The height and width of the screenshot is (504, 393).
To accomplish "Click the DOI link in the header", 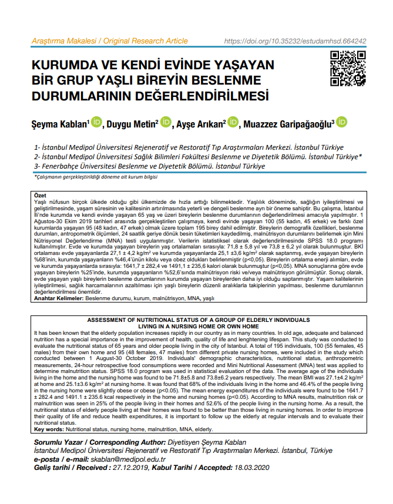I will coord(295,41).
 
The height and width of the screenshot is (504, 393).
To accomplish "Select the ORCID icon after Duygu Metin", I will coord(166,123).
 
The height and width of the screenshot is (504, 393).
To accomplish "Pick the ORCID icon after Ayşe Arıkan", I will coord(234,123).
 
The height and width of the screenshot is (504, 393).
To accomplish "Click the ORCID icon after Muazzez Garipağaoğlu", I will coord(341,123).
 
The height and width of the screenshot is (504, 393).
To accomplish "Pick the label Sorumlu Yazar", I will coord(56,441).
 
